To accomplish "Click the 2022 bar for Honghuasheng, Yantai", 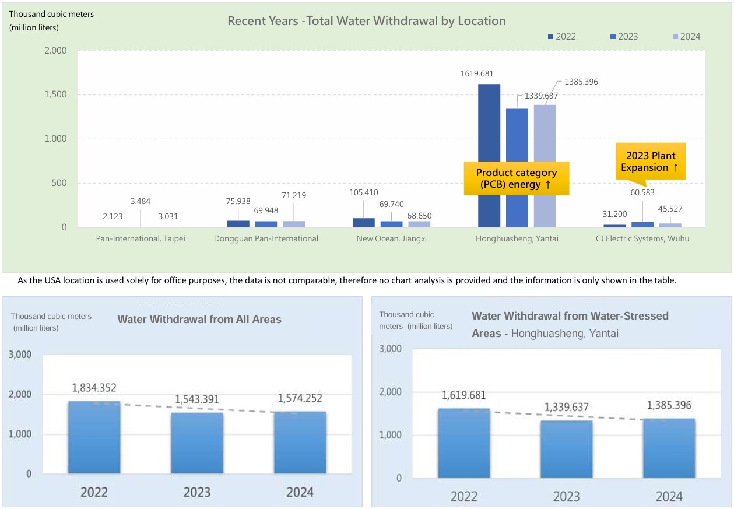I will (x=489, y=155).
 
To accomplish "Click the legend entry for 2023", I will (x=624, y=37).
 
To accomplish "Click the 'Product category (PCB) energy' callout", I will (x=516, y=178).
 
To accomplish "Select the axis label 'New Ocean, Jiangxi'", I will (x=391, y=238).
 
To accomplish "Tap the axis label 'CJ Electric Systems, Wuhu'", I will (x=642, y=238).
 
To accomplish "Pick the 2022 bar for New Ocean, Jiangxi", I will (x=363, y=223).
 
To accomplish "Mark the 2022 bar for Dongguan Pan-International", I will (x=238, y=224).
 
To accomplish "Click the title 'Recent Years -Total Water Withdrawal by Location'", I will (x=366, y=21).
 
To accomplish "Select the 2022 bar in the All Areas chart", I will (x=94, y=437).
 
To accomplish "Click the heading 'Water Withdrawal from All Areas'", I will (x=199, y=320).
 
